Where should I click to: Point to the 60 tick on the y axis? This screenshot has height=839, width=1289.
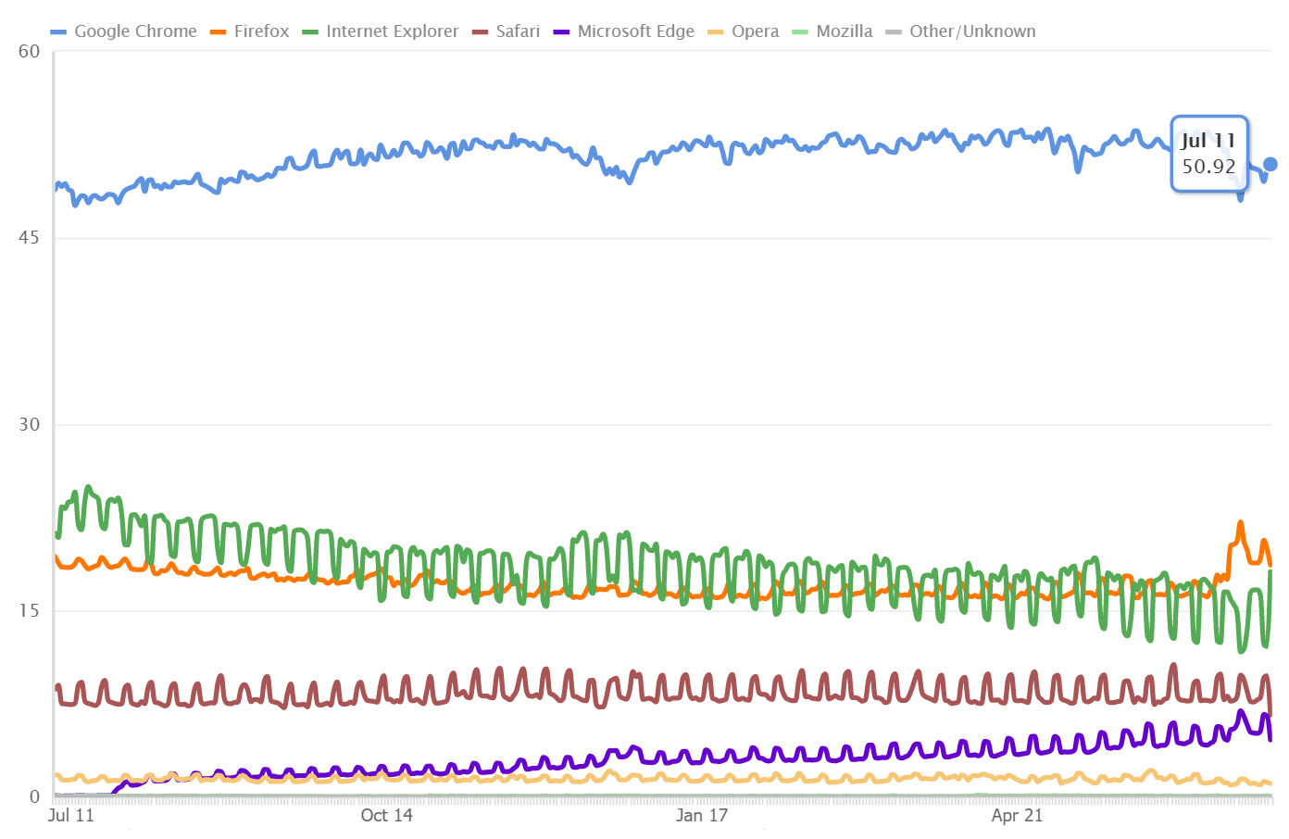pyautogui.click(x=30, y=52)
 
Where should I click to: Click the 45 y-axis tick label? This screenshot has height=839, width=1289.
pyautogui.click(x=30, y=238)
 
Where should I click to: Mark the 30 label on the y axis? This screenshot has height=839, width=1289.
pyautogui.click(x=30, y=425)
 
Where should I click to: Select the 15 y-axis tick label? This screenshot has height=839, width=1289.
pyautogui.click(x=30, y=610)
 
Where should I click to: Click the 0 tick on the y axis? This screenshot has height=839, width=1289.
pyautogui.click(x=35, y=796)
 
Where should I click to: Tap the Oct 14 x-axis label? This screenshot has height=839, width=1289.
pyautogui.click(x=386, y=816)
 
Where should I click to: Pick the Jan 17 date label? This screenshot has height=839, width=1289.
pyautogui.click(x=702, y=816)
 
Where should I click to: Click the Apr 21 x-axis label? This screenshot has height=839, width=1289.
pyautogui.click(x=1017, y=816)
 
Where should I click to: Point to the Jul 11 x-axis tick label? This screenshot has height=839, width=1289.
pyautogui.click(x=71, y=816)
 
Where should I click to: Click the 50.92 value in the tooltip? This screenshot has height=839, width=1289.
pyautogui.click(x=1208, y=167)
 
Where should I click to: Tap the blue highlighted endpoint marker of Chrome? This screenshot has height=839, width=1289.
pyautogui.click(x=1270, y=164)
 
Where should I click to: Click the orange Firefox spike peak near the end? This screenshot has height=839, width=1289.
pyautogui.click(x=1241, y=524)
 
